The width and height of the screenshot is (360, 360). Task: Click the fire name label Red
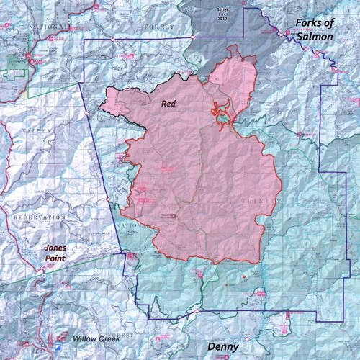[168, 104]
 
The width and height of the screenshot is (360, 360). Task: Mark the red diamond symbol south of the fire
[244, 276]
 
